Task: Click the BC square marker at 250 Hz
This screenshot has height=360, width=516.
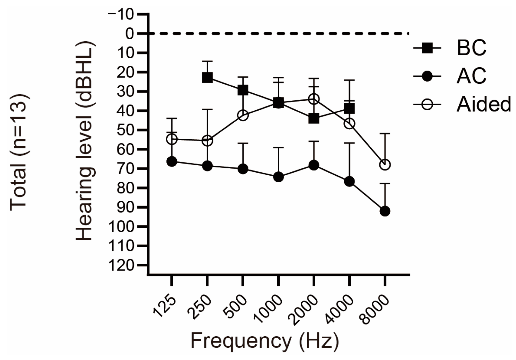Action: pyautogui.click(x=207, y=78)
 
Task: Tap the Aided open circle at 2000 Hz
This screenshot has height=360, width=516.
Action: pyautogui.click(x=314, y=100)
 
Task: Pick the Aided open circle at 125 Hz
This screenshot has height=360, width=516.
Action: pyautogui.click(x=172, y=139)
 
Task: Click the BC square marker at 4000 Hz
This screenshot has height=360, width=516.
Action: pyautogui.click(x=349, y=109)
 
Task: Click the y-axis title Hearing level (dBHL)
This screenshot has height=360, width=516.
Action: pyautogui.click(x=85, y=140)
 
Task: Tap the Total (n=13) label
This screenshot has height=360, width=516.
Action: pyautogui.click(x=19, y=152)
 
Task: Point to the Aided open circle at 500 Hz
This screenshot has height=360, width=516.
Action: pyautogui.click(x=243, y=115)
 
